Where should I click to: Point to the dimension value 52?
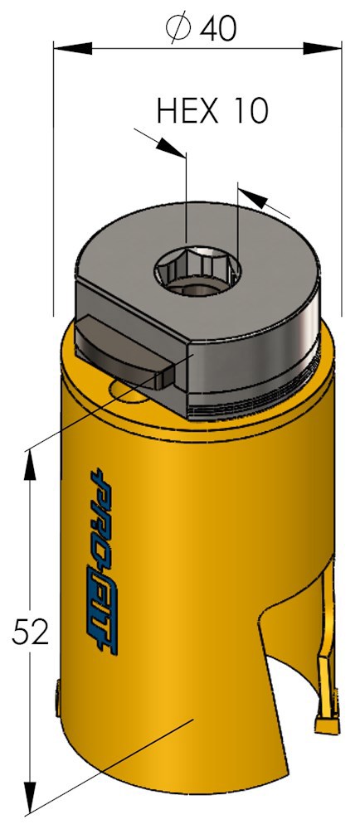coord(31,633)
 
